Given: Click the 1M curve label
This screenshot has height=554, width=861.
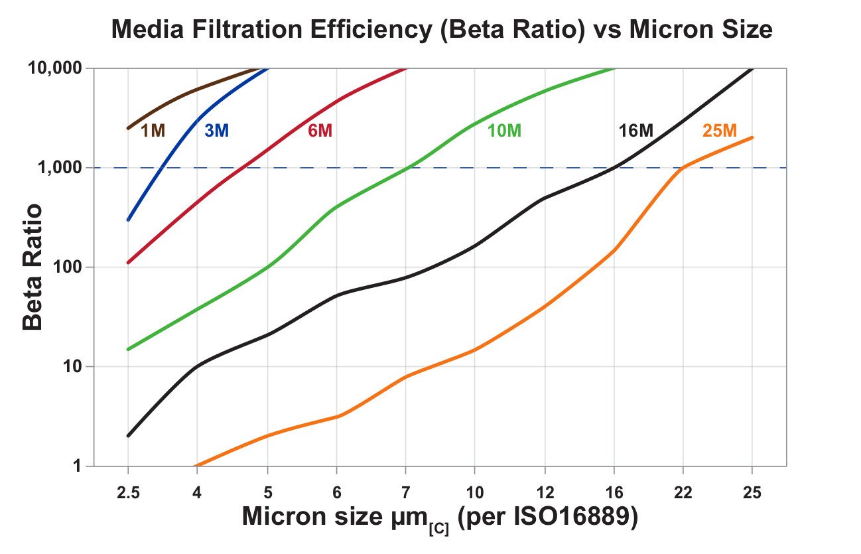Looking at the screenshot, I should (x=153, y=131).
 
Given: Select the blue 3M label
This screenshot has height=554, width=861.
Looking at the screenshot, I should (x=216, y=131).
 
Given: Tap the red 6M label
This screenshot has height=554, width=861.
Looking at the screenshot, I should (x=320, y=131).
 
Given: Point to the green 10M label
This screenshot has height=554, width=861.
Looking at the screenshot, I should (x=504, y=131).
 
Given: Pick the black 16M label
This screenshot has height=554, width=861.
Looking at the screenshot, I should (x=635, y=131).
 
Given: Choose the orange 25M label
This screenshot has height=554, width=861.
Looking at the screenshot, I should (x=720, y=131).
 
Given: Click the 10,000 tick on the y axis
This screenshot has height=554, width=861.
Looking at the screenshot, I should (x=56, y=68).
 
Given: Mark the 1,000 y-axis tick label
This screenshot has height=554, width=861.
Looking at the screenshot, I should (x=60, y=168).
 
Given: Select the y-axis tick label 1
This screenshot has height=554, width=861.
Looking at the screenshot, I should (x=78, y=466).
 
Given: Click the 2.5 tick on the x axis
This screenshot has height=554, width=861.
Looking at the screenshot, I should (x=128, y=494).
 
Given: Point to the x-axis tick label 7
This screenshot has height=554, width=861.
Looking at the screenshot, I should (x=405, y=494).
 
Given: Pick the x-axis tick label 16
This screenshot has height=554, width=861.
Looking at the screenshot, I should (x=614, y=494).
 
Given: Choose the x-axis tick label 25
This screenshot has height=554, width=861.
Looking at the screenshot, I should (x=752, y=494).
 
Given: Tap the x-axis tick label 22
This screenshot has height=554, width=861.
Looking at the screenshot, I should (x=683, y=494).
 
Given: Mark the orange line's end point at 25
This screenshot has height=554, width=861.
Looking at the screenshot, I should (x=752, y=137).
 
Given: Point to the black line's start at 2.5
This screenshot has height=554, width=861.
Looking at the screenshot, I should (x=128, y=436).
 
